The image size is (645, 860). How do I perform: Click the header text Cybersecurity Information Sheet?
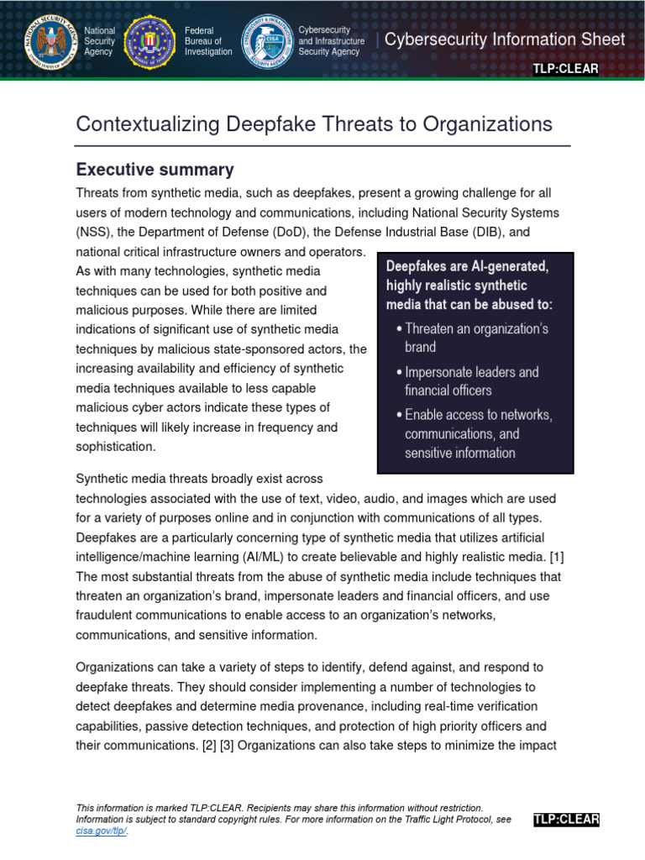pyautogui.click(x=505, y=40)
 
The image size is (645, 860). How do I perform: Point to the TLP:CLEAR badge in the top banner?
pyautogui.click(x=565, y=69)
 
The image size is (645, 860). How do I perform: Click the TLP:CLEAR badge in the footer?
pyautogui.click(x=565, y=820)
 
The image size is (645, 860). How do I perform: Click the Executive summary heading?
pyautogui.click(x=155, y=170)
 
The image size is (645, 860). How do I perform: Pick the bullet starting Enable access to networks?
pyautogui.click(x=477, y=434)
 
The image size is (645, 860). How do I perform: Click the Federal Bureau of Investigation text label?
pyautogui.click(x=208, y=41)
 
